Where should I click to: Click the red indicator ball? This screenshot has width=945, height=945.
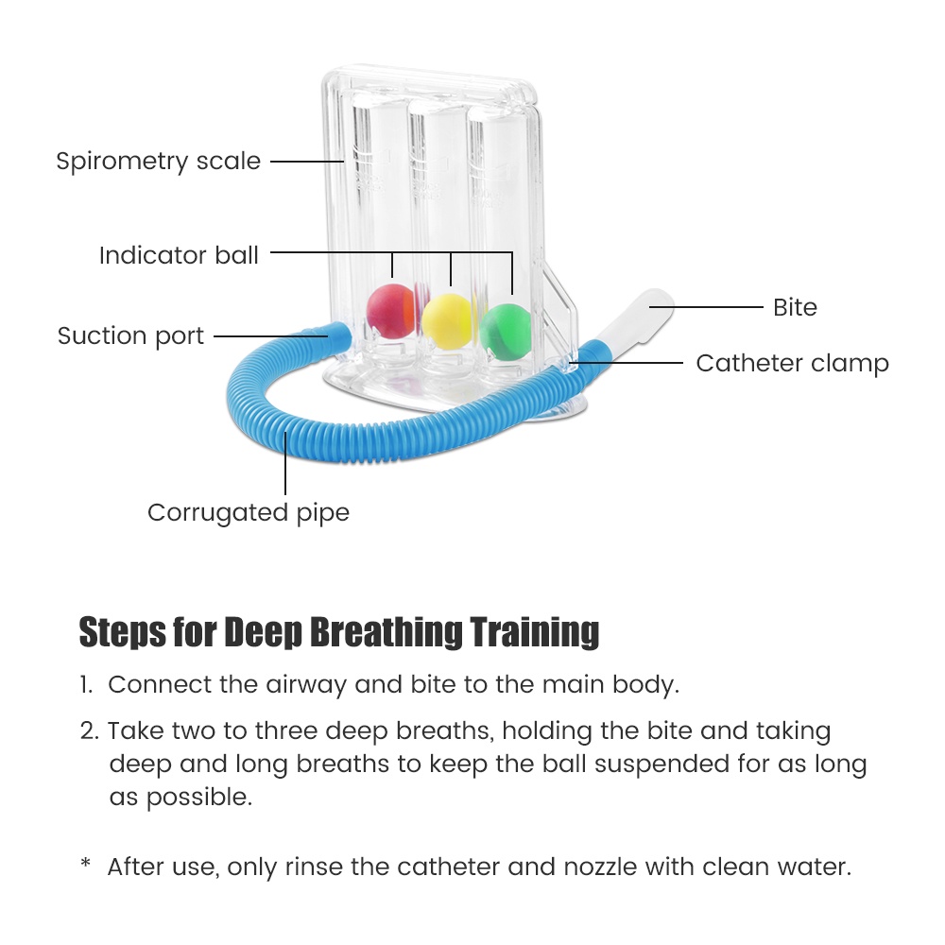[391, 310]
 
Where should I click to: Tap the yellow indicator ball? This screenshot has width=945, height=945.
[447, 321]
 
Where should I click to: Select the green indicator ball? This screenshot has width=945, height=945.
[505, 332]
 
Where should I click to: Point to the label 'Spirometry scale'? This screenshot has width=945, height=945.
[159, 161]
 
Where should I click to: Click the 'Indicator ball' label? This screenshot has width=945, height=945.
[179, 255]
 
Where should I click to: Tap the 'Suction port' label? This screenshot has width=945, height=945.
[130, 336]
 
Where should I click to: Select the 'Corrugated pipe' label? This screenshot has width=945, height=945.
[249, 513]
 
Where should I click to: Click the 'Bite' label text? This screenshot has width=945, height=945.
[795, 307]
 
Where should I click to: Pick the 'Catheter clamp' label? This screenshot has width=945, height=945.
[793, 364]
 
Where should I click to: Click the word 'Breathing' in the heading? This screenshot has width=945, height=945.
[387, 633]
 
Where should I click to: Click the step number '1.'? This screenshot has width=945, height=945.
[86, 684]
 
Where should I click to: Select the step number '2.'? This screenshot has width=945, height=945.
[89, 731]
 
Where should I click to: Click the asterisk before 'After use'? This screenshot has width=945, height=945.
[86, 863]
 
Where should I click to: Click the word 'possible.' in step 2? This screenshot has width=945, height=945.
[180, 798]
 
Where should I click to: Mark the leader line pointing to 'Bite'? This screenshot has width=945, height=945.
[706, 307]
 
